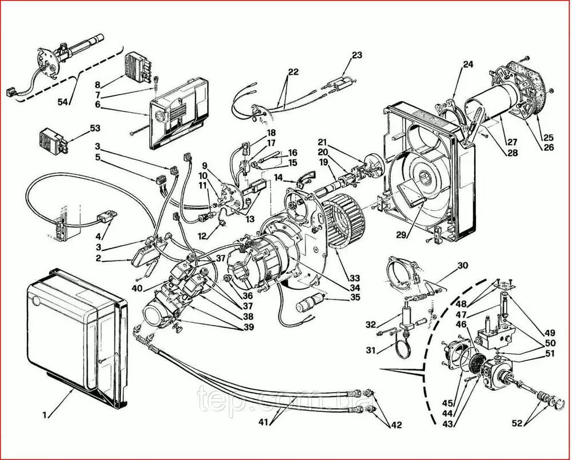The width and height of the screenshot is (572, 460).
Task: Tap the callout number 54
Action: tap(63, 102)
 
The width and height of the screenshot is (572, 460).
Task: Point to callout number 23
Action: tap(357, 56)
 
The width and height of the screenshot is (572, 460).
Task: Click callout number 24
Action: tap(468, 65)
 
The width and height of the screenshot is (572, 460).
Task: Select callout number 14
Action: tap(279, 179)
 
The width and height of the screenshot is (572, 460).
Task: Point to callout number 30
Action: tap(462, 266)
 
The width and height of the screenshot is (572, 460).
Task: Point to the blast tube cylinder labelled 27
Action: tap(498, 106)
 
